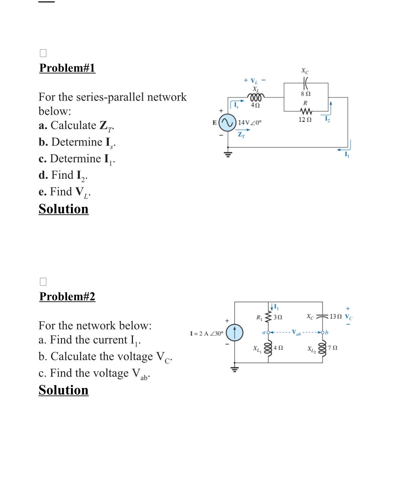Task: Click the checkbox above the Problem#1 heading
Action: (43, 53)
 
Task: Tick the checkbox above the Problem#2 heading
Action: (43, 282)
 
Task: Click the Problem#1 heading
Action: (67, 68)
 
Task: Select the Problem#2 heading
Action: (67, 296)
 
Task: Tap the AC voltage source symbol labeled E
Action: (227, 123)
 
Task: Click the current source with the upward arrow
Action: (235, 332)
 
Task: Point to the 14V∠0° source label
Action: (250, 123)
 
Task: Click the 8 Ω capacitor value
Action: (305, 94)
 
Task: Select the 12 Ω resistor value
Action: (305, 120)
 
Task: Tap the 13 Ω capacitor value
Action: (335, 316)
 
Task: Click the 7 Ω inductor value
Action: (333, 347)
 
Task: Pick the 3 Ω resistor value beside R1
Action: (278, 317)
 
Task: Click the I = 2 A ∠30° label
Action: (207, 333)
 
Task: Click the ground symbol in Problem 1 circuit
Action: (228, 154)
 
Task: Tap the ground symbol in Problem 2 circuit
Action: (235, 369)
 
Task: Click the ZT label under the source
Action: (241, 135)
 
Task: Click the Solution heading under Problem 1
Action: (63, 209)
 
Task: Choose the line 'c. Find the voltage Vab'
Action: (94, 373)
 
